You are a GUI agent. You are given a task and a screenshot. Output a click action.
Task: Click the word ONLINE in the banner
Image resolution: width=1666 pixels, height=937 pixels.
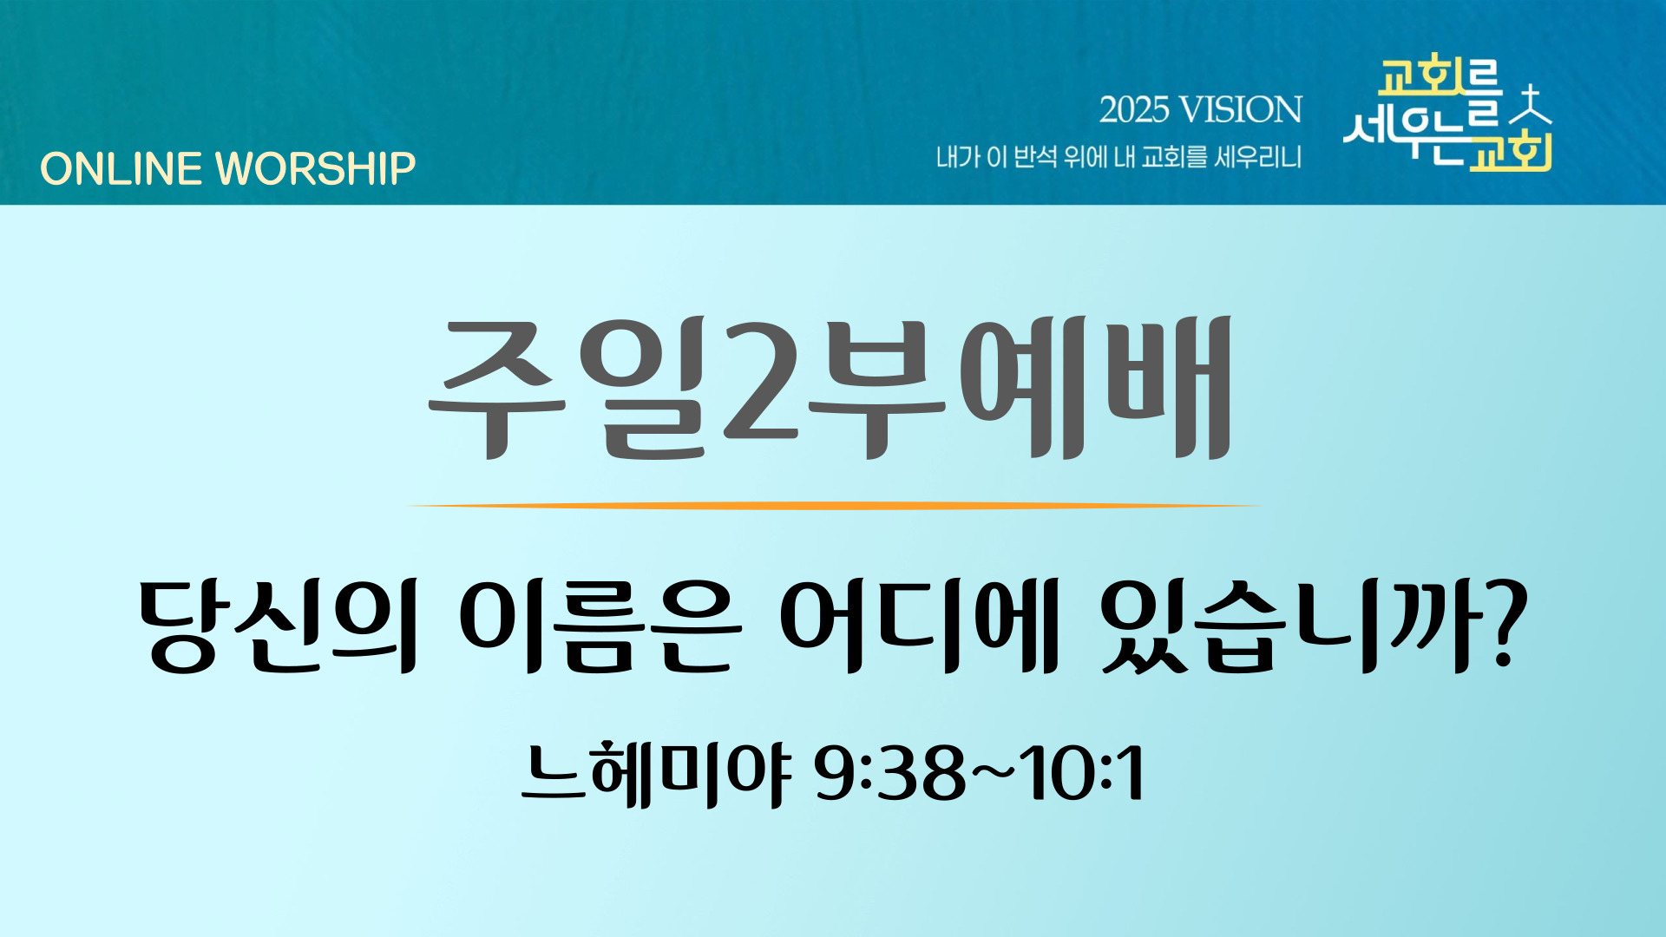[121, 168]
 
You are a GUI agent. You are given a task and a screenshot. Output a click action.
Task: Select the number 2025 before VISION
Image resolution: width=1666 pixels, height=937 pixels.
[1134, 110]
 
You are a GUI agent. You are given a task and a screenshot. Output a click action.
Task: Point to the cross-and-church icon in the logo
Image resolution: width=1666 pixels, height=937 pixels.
[1532, 107]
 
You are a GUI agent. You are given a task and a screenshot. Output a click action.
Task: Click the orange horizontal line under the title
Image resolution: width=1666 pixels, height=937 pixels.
[833, 505]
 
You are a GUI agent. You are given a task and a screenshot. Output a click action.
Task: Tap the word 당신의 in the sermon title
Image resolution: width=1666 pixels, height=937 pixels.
[279, 626]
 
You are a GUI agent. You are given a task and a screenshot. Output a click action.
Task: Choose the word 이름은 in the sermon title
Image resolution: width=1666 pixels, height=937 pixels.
[600, 626]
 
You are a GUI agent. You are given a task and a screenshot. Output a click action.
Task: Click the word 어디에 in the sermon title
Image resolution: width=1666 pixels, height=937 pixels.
[920, 626]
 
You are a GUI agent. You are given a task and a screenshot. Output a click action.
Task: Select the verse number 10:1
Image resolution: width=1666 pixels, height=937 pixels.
[1081, 772]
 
